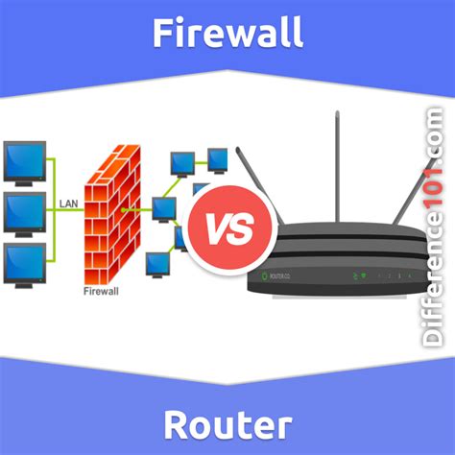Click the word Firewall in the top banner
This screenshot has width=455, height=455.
(227, 34)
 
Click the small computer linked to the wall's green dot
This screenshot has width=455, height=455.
(163, 206)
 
